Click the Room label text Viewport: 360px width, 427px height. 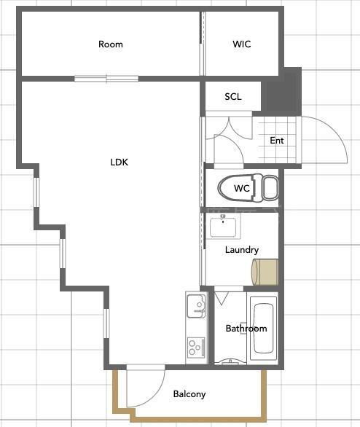pyautogui.click(x=111, y=44)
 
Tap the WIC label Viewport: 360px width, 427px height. pyautogui.click(x=242, y=44)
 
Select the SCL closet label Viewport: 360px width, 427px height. pyautogui.click(x=233, y=96)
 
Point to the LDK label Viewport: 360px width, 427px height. pyautogui.click(x=119, y=162)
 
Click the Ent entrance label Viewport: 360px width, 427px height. pyautogui.click(x=277, y=140)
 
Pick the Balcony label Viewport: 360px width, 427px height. pyautogui.click(x=189, y=394)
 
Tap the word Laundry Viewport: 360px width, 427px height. pyautogui.click(x=242, y=250)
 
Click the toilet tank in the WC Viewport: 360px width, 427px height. pyautogui.click(x=270, y=187)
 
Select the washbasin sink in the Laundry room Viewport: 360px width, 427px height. pyautogui.click(x=223, y=227)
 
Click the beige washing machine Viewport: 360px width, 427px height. pyautogui.click(x=265, y=272)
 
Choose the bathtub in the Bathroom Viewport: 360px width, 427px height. pyautogui.click(x=263, y=328)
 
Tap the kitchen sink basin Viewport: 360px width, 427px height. pyautogui.click(x=196, y=306)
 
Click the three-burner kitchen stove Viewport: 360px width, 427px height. pyautogui.click(x=196, y=348)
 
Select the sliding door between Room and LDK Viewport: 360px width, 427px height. pyautogui.click(x=106, y=79)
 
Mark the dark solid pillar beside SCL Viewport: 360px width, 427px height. pyautogui.click(x=284, y=92)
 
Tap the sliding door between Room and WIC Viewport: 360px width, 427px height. pyautogui.click(x=202, y=44)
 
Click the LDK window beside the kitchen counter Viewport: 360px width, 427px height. pyautogui.click(x=106, y=324)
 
